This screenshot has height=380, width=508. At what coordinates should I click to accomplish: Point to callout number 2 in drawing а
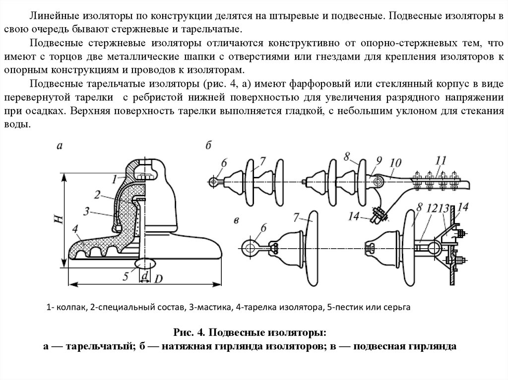point(98,194)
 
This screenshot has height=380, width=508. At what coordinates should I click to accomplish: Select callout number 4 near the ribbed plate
point(74,228)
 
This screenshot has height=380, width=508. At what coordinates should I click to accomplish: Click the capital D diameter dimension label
point(158,279)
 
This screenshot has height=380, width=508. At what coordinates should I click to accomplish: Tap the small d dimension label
point(145,273)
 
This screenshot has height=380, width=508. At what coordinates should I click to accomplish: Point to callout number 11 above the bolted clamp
point(441,160)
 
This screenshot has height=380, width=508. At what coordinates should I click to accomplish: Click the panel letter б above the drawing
point(209,145)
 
